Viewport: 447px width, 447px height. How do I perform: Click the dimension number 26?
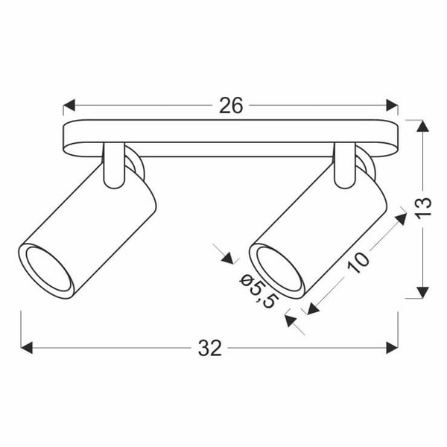pos(231,106)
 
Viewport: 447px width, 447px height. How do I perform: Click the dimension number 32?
pos(210,348)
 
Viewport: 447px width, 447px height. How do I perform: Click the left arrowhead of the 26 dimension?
pos(69,106)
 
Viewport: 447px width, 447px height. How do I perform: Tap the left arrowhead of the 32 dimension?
pos(27,348)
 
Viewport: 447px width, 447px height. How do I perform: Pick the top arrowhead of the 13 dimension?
pos(422,127)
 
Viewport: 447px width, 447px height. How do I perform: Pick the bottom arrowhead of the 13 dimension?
pos(422,292)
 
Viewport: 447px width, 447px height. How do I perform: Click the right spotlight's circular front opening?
pos(277,270)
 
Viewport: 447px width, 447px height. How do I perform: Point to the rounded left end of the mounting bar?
pos(71,138)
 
